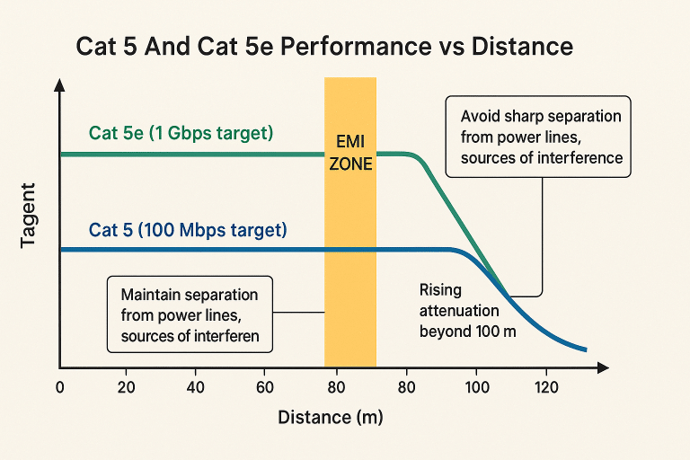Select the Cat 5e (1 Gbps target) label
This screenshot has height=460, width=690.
coord(181,133)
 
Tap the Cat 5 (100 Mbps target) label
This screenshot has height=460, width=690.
coord(188,230)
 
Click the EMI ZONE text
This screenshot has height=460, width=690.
coord(350,154)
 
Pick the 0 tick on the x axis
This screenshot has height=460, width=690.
coord(59,387)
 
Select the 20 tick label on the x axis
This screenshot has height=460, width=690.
coord(126,387)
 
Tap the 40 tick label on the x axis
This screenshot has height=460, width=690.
coord(195,387)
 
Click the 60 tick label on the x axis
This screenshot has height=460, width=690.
coord(264,387)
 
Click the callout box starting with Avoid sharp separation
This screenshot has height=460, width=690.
coord(540,137)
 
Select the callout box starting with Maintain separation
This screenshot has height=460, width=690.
coord(189,315)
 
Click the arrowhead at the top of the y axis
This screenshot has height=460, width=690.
coord(59,84)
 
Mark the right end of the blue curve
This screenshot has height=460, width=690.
coord(586,349)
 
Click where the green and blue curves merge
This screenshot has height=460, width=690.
coord(507,295)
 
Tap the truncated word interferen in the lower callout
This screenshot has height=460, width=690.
coord(225,337)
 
